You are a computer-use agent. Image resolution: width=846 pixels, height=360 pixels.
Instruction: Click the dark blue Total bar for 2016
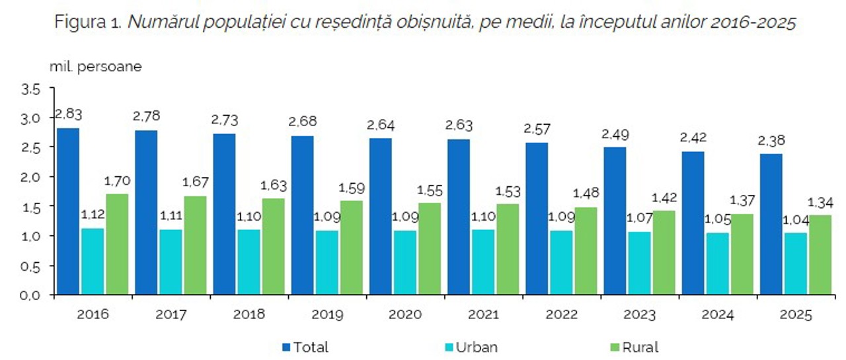tap(67, 211)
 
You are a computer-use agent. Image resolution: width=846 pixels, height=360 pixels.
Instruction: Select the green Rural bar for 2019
tap(352, 248)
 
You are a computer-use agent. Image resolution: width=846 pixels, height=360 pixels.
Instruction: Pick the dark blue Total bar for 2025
tap(771, 224)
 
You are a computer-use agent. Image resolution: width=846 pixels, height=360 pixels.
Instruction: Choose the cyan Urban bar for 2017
tap(171, 262)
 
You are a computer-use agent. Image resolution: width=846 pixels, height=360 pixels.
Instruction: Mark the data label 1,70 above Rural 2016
tap(118, 181)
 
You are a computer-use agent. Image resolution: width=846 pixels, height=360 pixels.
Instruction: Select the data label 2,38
tap(772, 141)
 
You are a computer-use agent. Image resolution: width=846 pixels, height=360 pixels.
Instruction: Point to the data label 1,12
tap(93, 215)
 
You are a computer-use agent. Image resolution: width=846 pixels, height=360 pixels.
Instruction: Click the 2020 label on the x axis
tap(405, 314)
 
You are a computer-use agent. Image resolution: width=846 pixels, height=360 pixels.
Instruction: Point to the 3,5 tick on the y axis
tap(32, 89)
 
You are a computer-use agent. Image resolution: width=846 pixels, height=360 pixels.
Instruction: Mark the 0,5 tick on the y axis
tap(32, 266)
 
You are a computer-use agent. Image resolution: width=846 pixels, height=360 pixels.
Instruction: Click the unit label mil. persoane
tap(95, 67)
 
